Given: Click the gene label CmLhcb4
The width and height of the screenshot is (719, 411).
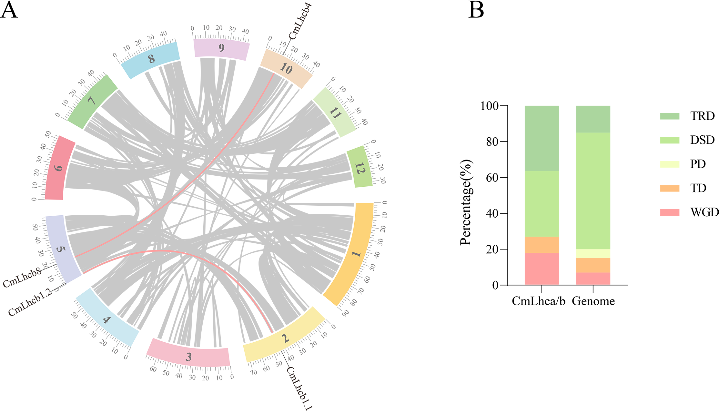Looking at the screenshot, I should tap(300, 21).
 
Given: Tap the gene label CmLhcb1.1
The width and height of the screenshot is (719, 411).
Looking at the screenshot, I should tap(299, 388).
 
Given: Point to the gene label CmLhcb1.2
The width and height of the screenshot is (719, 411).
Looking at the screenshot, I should tap(30, 302).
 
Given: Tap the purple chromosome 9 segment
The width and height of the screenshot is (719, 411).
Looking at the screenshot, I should tap(221, 48).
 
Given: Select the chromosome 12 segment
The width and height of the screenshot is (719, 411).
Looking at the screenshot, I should tap(359, 167).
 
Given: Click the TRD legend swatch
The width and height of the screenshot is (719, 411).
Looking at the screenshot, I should tap(670, 116).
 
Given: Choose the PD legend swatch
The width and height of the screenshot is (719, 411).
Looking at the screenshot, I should tap(670, 164).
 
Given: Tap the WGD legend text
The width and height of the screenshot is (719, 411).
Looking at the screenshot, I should tap(704, 212).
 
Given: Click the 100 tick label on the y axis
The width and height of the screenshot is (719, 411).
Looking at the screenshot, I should tap(490, 106).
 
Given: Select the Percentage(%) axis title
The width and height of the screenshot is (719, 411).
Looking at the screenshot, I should tap(466, 203).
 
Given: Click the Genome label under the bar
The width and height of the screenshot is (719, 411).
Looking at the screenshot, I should tap(593, 301).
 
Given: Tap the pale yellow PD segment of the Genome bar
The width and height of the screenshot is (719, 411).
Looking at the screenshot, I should tap(593, 254).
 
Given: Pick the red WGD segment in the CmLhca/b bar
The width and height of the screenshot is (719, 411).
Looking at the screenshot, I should tap(542, 269).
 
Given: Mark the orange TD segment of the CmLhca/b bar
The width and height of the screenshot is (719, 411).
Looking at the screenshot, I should tap(542, 245).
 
